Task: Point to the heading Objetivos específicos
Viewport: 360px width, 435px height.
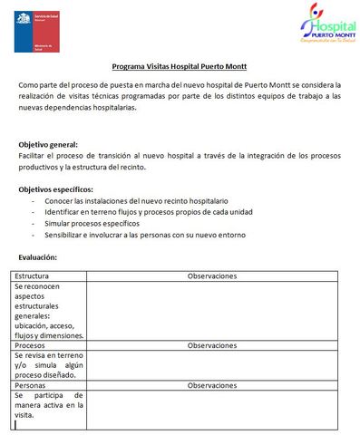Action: click(55, 188)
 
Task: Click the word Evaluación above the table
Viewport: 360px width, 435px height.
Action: click(37, 257)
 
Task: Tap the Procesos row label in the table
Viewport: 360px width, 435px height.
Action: click(31, 345)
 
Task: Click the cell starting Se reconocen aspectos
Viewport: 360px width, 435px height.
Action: click(48, 310)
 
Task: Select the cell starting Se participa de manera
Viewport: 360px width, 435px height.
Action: click(48, 405)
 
